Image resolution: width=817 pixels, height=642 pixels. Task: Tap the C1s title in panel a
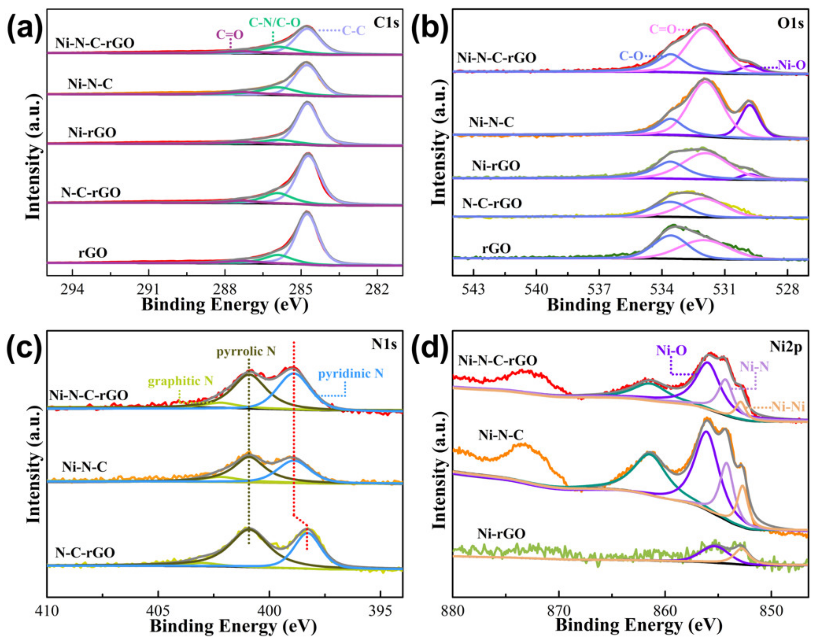click(386, 23)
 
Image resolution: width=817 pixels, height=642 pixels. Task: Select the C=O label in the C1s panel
click(229, 35)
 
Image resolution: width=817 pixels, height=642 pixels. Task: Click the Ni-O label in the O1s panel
click(791, 66)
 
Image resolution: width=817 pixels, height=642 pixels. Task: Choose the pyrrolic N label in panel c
click(246, 351)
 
